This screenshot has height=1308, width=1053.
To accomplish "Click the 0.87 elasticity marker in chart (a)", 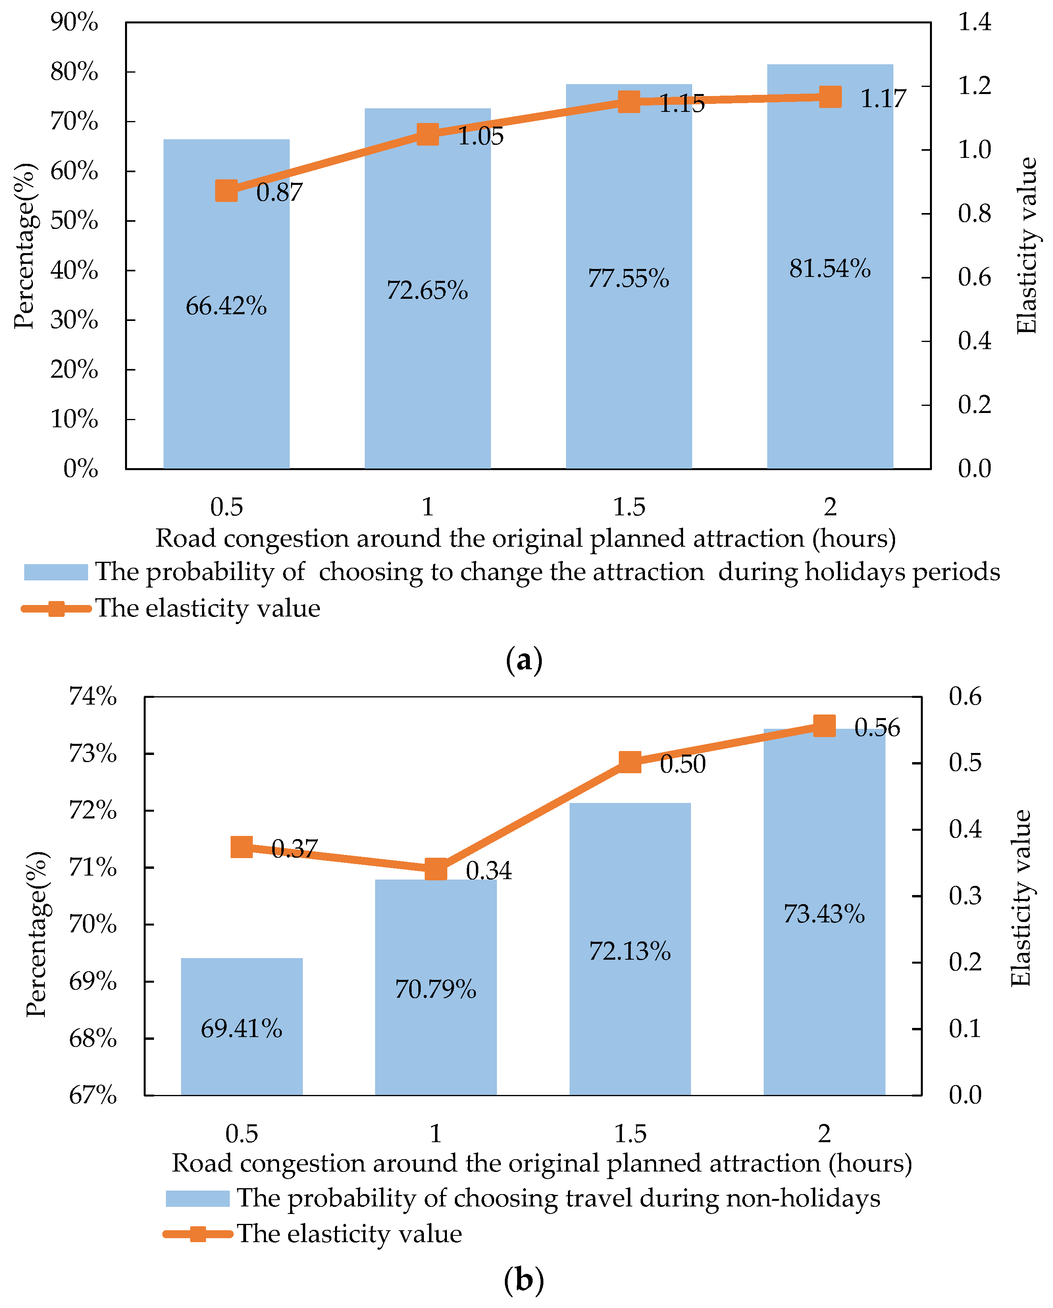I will [226, 190].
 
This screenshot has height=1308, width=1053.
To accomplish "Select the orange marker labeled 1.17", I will [830, 96].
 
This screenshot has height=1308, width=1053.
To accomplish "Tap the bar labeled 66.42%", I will [226, 364].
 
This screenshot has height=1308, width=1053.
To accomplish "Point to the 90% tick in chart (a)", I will [74, 23].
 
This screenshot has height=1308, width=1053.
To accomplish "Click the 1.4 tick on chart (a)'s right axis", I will [974, 23].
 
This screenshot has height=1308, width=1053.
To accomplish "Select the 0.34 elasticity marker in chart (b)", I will [436, 869].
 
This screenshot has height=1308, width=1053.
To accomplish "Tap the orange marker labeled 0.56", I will [824, 726].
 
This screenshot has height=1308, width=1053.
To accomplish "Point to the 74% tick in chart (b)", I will [92, 697].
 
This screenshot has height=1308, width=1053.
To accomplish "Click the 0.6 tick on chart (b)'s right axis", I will [965, 697].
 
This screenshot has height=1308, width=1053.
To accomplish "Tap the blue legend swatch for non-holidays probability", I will [197, 1198].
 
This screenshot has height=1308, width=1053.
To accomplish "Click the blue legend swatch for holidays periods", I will [56, 572].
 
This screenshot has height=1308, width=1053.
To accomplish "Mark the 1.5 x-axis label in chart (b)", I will [629, 1133].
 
